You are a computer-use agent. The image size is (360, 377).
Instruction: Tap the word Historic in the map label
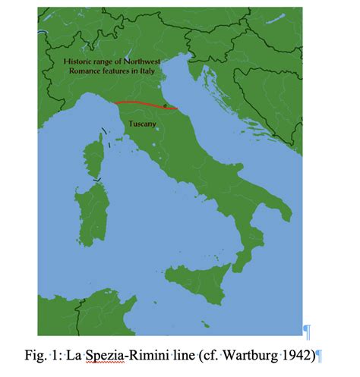[79, 60]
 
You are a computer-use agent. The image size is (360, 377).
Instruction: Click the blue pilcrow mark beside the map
[307, 331]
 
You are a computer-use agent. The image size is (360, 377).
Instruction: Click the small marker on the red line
[164, 107]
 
